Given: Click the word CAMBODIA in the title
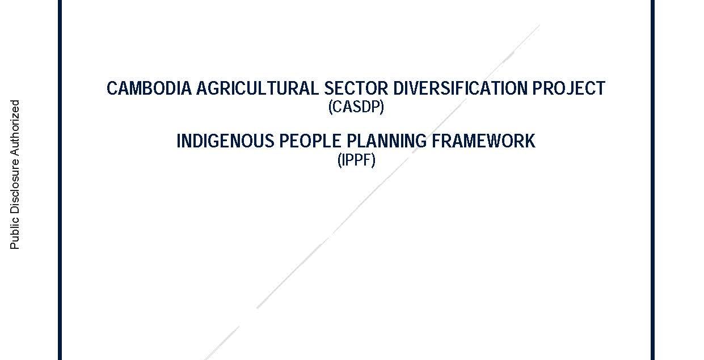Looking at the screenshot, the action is point(149,88).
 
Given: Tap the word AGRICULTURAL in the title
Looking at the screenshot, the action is point(258,88).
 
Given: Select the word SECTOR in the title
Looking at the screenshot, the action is point(356,88).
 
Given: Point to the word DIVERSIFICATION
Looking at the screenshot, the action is point(461,88).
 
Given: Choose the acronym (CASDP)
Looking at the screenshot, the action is point(356,107).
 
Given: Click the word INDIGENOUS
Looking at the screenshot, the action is point(226,141).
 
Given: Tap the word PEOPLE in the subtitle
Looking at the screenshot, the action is point(310,141).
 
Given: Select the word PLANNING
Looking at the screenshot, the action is point(387,141).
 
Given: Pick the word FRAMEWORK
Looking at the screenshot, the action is point(484,141).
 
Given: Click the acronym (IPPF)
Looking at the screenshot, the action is point(356,160).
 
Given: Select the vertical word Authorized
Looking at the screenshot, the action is point(15,128).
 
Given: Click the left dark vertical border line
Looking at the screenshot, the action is point(60,180).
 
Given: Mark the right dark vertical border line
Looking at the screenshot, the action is point(653,180).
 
